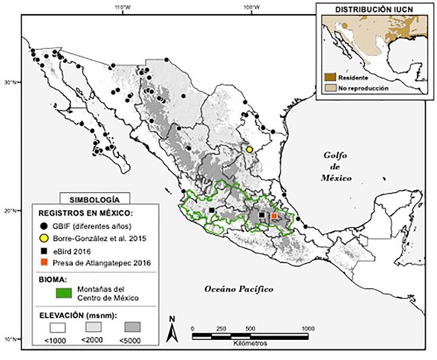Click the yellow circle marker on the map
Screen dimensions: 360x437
pos(249,149)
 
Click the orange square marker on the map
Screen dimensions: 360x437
pos(274,216)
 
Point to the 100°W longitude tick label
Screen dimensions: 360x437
pos(248,7)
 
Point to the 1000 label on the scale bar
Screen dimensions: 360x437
pos(307,329)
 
